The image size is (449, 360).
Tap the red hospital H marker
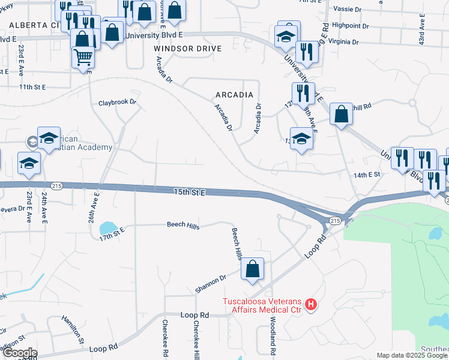click(x=311, y=305)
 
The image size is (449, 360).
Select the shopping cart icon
click(x=83, y=58)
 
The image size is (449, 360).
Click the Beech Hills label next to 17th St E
click(x=183, y=226)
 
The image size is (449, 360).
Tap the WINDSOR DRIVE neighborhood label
click(x=187, y=48)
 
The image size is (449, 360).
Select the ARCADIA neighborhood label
click(x=234, y=95)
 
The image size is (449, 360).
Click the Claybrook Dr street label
click(x=118, y=103)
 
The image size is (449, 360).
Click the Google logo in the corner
click(x=19, y=353)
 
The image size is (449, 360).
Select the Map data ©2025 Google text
click(x=412, y=355)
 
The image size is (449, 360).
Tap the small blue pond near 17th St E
click(x=109, y=227)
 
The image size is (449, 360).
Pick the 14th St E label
click(x=367, y=174)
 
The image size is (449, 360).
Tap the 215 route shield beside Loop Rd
click(x=335, y=221)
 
